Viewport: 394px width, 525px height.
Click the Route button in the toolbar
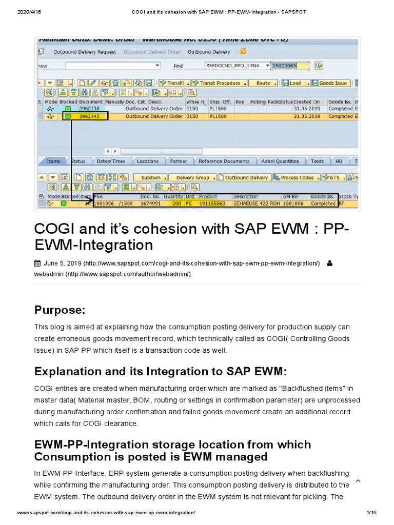point(263,83)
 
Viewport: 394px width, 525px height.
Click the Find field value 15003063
point(290,66)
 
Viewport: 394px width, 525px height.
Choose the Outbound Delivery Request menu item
point(85,52)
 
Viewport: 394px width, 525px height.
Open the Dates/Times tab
point(111,161)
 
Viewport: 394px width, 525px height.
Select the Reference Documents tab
point(224,161)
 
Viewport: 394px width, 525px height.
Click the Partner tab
point(179,161)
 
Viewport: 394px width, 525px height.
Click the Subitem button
point(151,177)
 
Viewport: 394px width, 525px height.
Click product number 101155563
point(212,204)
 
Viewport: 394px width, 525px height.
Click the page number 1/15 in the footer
point(371,513)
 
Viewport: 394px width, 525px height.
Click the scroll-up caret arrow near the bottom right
point(358,481)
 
